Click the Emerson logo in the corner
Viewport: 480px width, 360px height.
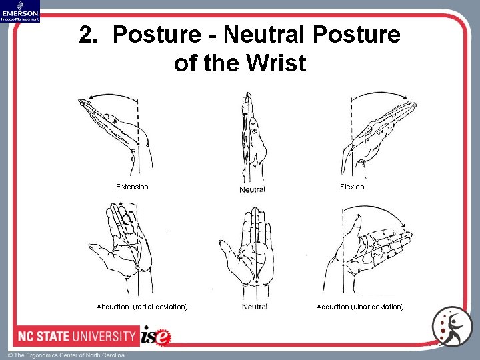pos(20,11)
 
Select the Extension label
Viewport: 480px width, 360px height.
pos(132,187)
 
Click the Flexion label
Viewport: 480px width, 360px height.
pos(352,187)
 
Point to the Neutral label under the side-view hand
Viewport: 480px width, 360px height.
pos(252,189)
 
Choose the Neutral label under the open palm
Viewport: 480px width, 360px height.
pos(255,307)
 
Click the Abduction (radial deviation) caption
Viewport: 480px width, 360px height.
pos(142,307)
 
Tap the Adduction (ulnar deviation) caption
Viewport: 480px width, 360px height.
pos(360,307)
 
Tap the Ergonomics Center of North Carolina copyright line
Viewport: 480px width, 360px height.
pos(66,355)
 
